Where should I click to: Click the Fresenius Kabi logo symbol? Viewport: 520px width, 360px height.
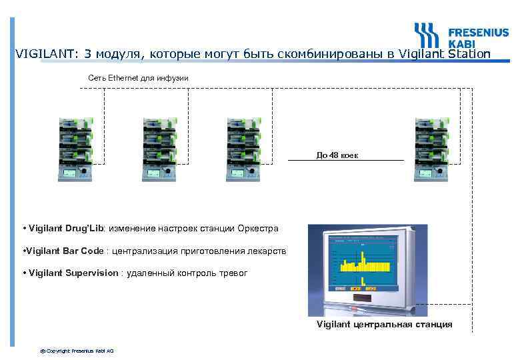426,35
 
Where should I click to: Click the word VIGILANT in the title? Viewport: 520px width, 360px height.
39,54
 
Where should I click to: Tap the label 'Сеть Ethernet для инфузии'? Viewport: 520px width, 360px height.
139,79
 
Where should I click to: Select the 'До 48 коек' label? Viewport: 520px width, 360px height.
337,155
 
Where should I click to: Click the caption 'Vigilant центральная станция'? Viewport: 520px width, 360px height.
384,325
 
